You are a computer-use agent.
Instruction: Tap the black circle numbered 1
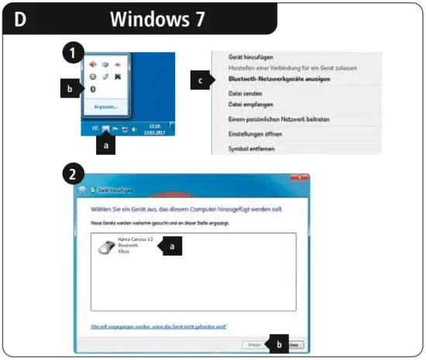tap(72, 53)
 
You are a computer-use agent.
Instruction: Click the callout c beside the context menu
tap(202, 79)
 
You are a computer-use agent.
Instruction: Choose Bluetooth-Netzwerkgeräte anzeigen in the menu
tap(273, 79)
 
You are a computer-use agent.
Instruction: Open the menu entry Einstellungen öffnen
tap(254, 134)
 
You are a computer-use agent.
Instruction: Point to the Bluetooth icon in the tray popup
tap(93, 89)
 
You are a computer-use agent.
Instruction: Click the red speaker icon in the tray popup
tap(93, 65)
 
